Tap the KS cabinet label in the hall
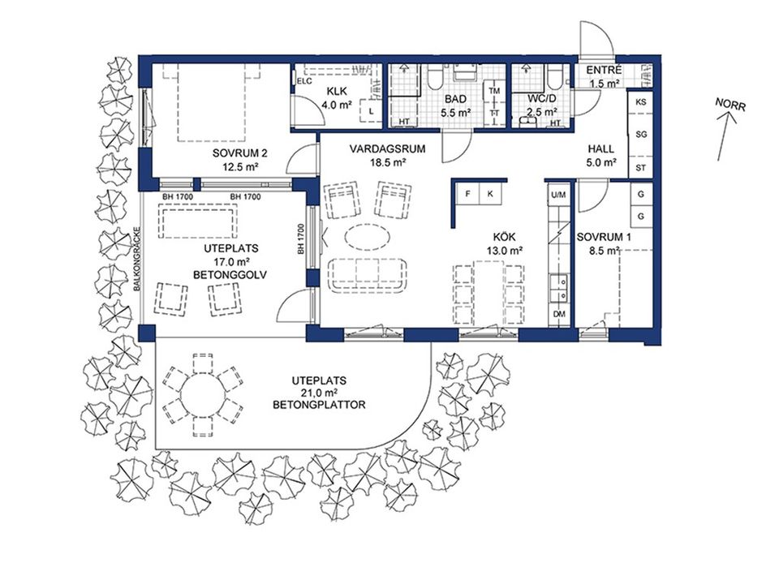[641, 101]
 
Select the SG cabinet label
[641, 135]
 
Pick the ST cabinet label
[641, 168]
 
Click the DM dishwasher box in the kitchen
[560, 314]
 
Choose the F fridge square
[467, 194]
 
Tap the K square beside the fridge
[490, 194]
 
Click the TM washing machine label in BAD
[494, 91]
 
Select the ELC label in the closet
[304, 81]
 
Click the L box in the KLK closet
[371, 111]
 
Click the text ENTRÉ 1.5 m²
[604, 76]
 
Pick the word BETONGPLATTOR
[319, 405]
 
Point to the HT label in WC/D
[555, 122]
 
